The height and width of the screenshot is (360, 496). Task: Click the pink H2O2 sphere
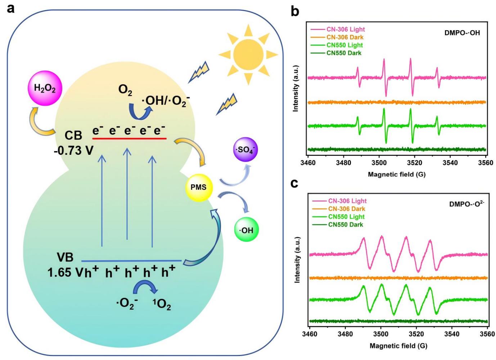click(x=45, y=89)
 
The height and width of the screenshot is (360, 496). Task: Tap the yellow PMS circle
click(x=199, y=187)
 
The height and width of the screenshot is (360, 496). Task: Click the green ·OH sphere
click(x=246, y=230)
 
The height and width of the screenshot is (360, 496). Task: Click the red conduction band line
click(x=129, y=138)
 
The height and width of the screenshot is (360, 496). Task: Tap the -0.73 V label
click(x=73, y=150)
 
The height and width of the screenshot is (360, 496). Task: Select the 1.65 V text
click(x=64, y=272)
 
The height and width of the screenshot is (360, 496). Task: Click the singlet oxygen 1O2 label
click(x=162, y=305)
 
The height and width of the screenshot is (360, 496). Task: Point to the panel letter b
click(x=295, y=11)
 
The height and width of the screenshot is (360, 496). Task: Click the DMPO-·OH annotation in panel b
click(x=462, y=33)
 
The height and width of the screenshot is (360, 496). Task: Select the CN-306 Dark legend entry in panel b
click(x=344, y=37)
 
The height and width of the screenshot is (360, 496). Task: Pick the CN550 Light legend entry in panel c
click(x=346, y=217)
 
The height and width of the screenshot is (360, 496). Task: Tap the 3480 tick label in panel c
click(x=345, y=334)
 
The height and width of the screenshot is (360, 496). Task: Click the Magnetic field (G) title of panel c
click(x=398, y=346)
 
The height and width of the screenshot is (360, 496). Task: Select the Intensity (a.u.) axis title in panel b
click(x=296, y=89)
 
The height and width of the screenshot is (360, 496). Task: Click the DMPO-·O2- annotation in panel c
click(x=466, y=204)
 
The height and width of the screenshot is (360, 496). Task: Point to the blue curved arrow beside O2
click(x=143, y=102)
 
